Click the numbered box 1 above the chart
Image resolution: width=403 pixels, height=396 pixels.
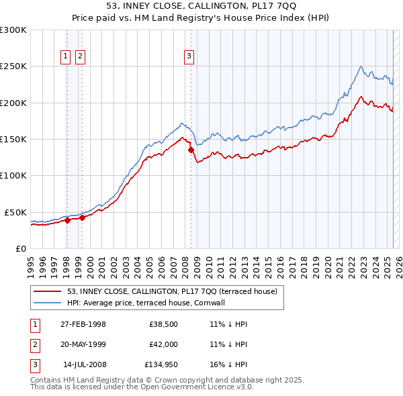(x=66, y=57)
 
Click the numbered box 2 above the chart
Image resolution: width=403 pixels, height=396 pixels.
(x=80, y=57)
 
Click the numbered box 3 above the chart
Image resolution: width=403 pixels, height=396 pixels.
(x=189, y=57)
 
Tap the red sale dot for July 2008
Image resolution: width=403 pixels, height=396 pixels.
(x=191, y=150)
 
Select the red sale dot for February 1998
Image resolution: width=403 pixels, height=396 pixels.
(x=67, y=219)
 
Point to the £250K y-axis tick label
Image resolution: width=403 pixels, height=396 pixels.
(x=13, y=66)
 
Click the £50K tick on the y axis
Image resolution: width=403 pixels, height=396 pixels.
(x=15, y=212)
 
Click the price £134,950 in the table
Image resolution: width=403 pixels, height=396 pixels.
(x=161, y=366)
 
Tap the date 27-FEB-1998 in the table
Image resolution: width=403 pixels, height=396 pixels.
(x=83, y=324)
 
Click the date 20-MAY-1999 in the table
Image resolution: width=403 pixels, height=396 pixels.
(x=83, y=345)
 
